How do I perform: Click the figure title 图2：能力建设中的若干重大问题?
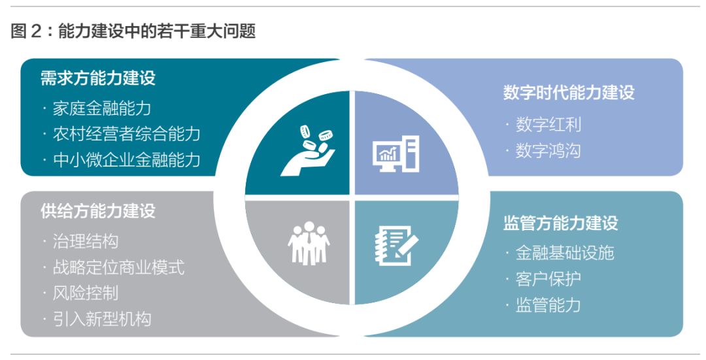click(133, 31)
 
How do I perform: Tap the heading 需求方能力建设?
click(98, 78)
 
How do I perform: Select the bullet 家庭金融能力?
click(101, 108)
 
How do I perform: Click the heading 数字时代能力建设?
click(569, 92)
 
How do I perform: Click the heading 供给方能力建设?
click(98, 211)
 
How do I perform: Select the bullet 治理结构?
click(85, 241)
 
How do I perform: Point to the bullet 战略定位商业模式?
click(118, 267)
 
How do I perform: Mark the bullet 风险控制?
click(85, 293)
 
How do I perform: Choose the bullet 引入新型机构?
click(101, 319)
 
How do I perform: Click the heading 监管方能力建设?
click(560, 223)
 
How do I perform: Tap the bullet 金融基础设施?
click(564, 253)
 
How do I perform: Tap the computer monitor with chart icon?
click(395, 154)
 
